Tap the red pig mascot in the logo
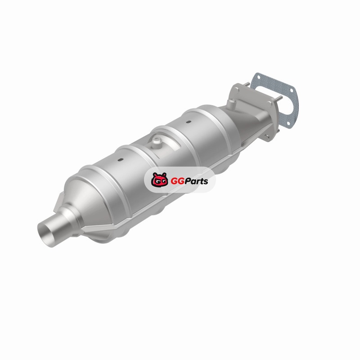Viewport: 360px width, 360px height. click(x=159, y=180)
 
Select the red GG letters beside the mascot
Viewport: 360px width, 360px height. click(x=177, y=181)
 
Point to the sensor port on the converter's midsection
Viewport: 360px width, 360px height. click(x=157, y=143)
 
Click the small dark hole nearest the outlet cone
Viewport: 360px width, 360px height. click(x=120, y=159)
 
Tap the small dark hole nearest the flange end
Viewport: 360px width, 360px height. click(x=188, y=121)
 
